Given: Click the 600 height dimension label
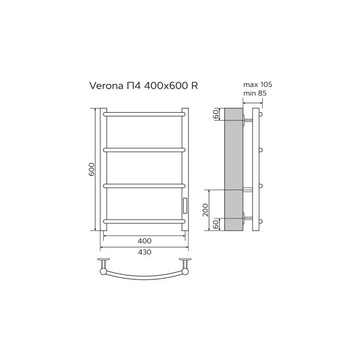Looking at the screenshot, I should [x=92, y=170].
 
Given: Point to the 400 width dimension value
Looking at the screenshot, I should [x=144, y=241].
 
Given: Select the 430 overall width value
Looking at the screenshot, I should [x=144, y=252].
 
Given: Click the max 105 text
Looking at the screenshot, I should [x=254, y=85].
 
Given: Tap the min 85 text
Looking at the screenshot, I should [x=254, y=93].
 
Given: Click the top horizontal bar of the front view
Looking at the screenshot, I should [x=144, y=112].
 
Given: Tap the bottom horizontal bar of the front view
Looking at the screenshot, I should [x=144, y=221].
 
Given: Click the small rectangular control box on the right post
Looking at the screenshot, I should [x=185, y=205].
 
